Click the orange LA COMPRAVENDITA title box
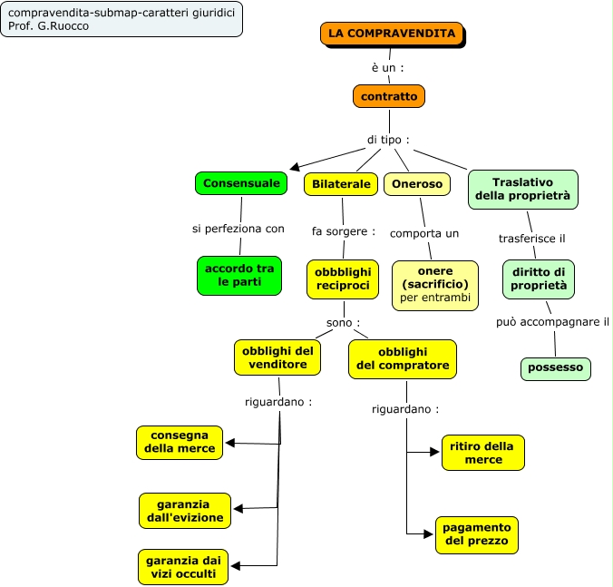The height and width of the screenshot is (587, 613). coord(392,34)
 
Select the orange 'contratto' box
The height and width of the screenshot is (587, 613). coord(389,96)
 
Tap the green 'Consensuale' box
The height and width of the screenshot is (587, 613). coord(241,183)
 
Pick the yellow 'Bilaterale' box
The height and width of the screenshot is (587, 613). coord(341,184)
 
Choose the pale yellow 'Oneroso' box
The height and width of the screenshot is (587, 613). coord(417,184)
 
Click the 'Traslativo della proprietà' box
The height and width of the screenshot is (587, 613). coord(523,189)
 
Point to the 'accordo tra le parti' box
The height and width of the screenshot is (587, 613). coord(239,276)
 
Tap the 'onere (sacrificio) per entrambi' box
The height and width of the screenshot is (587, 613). coord(435,285)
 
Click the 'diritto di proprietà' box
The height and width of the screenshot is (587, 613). coord(539,279)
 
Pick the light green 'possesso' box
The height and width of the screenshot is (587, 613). coord(556,368)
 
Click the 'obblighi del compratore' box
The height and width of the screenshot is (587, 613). coord(403,358)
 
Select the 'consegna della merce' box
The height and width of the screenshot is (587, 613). coord(180,442)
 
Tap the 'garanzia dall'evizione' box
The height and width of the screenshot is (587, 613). coord(185,511)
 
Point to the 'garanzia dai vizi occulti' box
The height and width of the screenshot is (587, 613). coord(183,567)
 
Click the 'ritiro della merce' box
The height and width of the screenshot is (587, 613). coord(483,453)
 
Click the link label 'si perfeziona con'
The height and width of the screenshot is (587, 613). coord(238,229)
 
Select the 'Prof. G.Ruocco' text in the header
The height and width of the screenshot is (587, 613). coord(49,25)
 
